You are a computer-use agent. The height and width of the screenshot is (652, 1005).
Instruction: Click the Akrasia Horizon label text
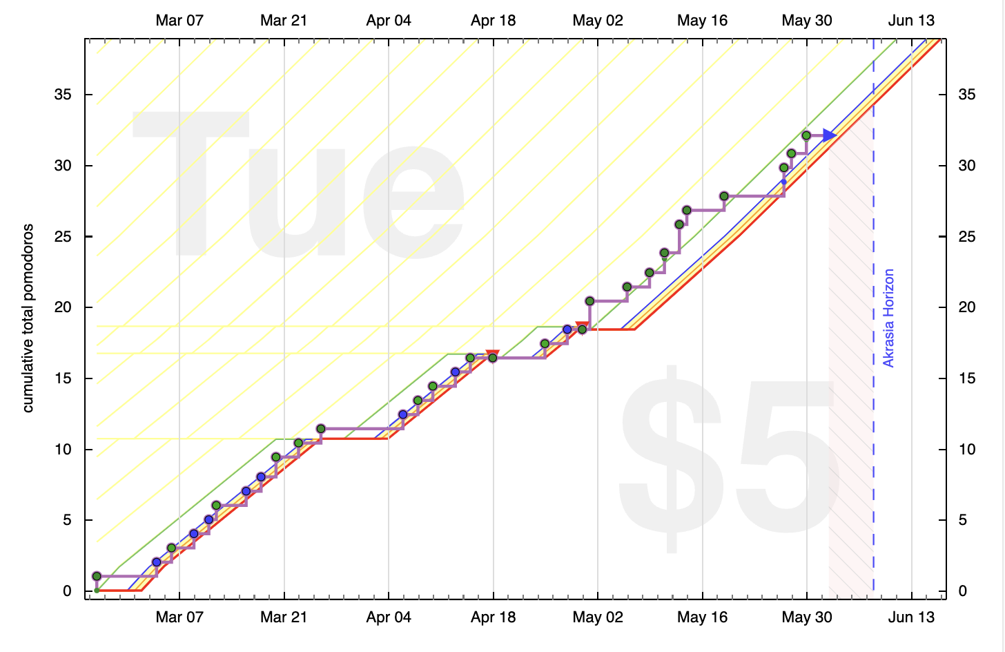(x=888, y=318)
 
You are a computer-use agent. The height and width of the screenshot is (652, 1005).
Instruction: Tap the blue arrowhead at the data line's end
(x=830, y=135)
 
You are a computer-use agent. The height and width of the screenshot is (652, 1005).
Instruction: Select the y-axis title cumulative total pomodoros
(x=28, y=318)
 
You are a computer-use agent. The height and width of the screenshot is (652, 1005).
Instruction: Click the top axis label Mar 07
(x=179, y=21)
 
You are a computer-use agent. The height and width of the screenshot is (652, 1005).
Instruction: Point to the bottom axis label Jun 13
(x=911, y=617)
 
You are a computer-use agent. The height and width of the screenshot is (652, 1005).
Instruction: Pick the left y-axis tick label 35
(x=63, y=95)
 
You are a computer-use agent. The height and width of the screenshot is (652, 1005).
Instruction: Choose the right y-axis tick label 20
(x=966, y=307)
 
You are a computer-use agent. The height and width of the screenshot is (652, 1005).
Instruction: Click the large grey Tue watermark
(x=297, y=186)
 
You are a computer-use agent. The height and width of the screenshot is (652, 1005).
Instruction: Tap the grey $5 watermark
(x=725, y=456)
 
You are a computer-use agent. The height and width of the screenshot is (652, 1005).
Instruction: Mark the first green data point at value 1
(x=97, y=576)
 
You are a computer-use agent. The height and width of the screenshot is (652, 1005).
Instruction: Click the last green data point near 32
(x=806, y=135)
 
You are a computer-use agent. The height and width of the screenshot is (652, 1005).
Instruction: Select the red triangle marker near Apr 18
(x=492, y=355)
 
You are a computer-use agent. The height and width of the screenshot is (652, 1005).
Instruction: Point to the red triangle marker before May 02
(x=582, y=326)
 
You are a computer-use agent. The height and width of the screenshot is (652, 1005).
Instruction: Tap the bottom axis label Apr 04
(x=389, y=617)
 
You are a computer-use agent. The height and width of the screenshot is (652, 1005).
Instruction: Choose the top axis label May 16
(x=702, y=21)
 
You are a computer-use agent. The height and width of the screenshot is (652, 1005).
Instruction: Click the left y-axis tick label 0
(x=67, y=591)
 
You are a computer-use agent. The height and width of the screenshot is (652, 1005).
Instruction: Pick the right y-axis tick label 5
(x=962, y=520)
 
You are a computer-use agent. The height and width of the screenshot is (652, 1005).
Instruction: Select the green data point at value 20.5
(x=590, y=301)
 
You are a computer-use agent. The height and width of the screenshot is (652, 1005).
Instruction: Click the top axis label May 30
(x=807, y=21)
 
